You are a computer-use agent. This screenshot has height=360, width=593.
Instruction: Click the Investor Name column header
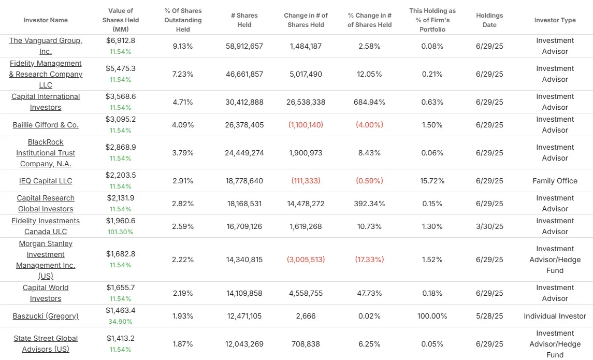(x=46, y=20)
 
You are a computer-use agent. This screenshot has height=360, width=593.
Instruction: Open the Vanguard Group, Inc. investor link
(x=46, y=46)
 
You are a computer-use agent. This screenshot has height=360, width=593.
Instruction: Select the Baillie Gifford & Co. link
(x=46, y=125)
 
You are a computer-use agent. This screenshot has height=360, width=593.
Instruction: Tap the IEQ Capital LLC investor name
(x=46, y=181)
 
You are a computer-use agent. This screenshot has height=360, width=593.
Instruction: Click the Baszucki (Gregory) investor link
(x=46, y=316)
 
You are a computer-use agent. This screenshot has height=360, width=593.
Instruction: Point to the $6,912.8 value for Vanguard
(x=121, y=40)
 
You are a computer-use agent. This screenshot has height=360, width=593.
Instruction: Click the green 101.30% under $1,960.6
(x=120, y=232)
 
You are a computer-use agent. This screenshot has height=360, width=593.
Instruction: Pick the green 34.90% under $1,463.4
(x=120, y=322)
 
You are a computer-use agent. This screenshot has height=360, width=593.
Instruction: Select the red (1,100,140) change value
(x=306, y=125)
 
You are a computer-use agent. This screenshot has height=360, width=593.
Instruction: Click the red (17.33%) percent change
(x=369, y=260)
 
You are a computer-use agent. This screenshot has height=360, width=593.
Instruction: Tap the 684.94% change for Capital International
(x=369, y=102)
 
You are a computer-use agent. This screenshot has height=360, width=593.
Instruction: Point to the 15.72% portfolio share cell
(x=432, y=181)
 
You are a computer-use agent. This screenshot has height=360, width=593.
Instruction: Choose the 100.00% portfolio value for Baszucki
(x=432, y=316)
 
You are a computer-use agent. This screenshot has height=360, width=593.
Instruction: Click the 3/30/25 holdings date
(x=489, y=226)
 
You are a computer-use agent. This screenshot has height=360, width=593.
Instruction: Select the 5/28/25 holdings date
(x=489, y=316)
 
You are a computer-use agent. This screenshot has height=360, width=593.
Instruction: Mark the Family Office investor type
(x=555, y=181)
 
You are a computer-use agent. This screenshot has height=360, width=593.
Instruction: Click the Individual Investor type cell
(x=555, y=316)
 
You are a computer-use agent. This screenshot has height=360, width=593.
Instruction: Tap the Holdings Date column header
(x=489, y=20)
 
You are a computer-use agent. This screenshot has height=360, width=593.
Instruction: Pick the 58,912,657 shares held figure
(x=244, y=46)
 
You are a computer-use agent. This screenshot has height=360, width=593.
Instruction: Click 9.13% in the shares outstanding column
(x=183, y=46)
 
